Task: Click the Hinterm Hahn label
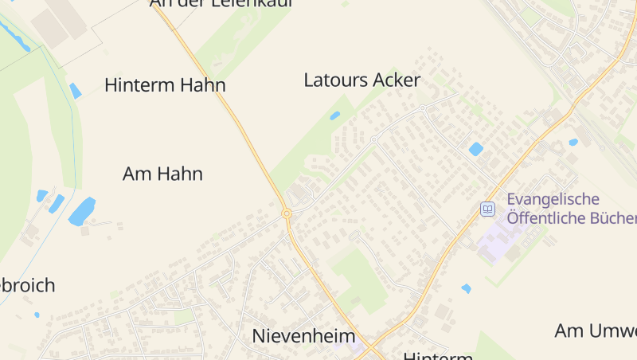165,85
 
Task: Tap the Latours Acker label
361,80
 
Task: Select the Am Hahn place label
162,174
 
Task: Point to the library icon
487,209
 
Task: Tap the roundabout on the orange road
286,213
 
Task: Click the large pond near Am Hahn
81,212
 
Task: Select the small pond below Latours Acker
335,115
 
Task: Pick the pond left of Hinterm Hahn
76,91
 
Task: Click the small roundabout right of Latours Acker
422,108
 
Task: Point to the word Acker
397,80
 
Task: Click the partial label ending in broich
27,285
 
